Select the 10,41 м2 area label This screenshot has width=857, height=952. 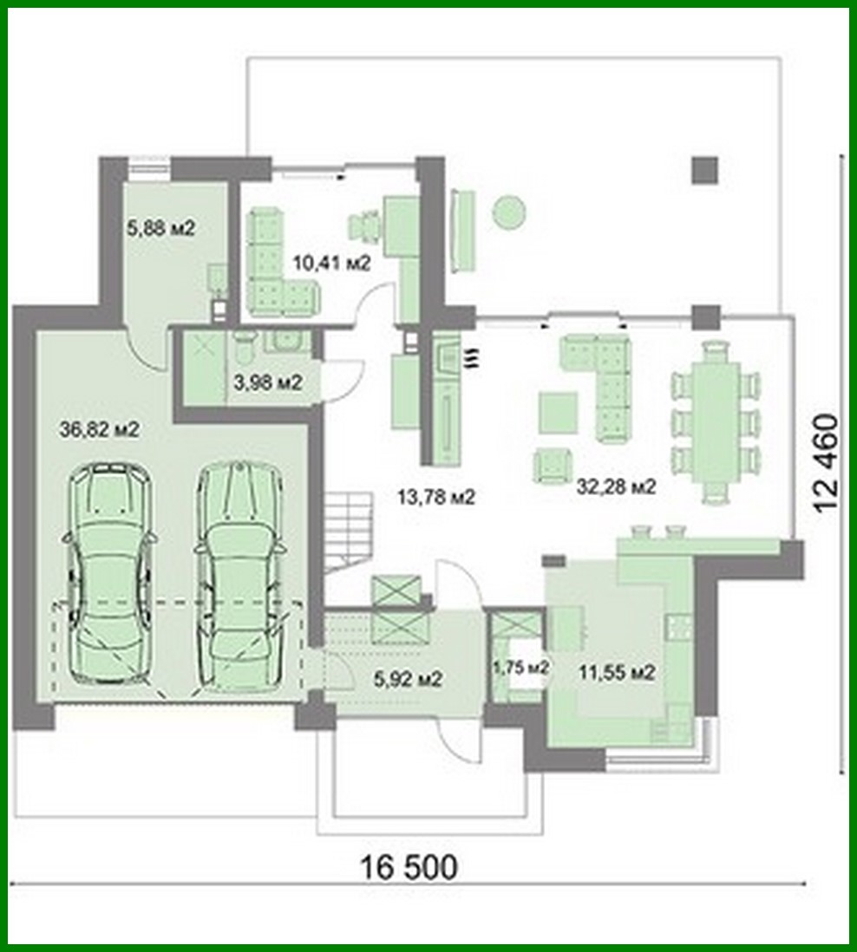(x=331, y=263)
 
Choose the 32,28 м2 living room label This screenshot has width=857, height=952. (x=616, y=486)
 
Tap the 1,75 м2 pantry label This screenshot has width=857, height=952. (x=520, y=667)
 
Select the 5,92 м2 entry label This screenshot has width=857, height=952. (x=409, y=679)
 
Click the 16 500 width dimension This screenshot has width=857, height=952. (x=408, y=866)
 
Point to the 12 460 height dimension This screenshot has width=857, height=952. (x=828, y=465)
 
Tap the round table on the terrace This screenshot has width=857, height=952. (x=509, y=212)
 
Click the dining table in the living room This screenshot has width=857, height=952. (x=716, y=421)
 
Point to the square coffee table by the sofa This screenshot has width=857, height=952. (x=558, y=412)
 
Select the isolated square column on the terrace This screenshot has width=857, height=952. (x=705, y=169)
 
